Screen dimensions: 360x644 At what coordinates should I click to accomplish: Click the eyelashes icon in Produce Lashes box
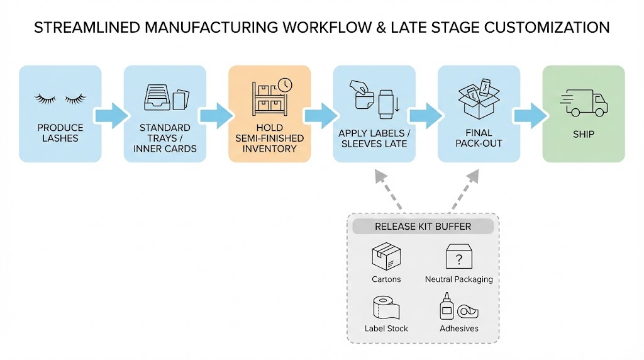pos(60,98)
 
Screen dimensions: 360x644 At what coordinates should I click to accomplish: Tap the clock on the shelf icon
pos(285,85)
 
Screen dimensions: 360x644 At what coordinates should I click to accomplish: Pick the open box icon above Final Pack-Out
pos(479,99)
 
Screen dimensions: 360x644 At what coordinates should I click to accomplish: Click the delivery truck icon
pos(583,103)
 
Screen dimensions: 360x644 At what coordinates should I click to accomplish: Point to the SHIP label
pos(583,134)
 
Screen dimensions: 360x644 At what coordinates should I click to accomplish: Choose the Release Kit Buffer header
pos(423,227)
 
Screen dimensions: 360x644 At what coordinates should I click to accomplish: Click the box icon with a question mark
pos(458,257)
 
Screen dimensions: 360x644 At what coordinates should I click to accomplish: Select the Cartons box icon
pos(386,257)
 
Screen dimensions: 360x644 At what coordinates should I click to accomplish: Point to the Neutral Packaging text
pos(458,279)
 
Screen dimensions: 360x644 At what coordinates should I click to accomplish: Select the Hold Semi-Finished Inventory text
pos(269,138)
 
